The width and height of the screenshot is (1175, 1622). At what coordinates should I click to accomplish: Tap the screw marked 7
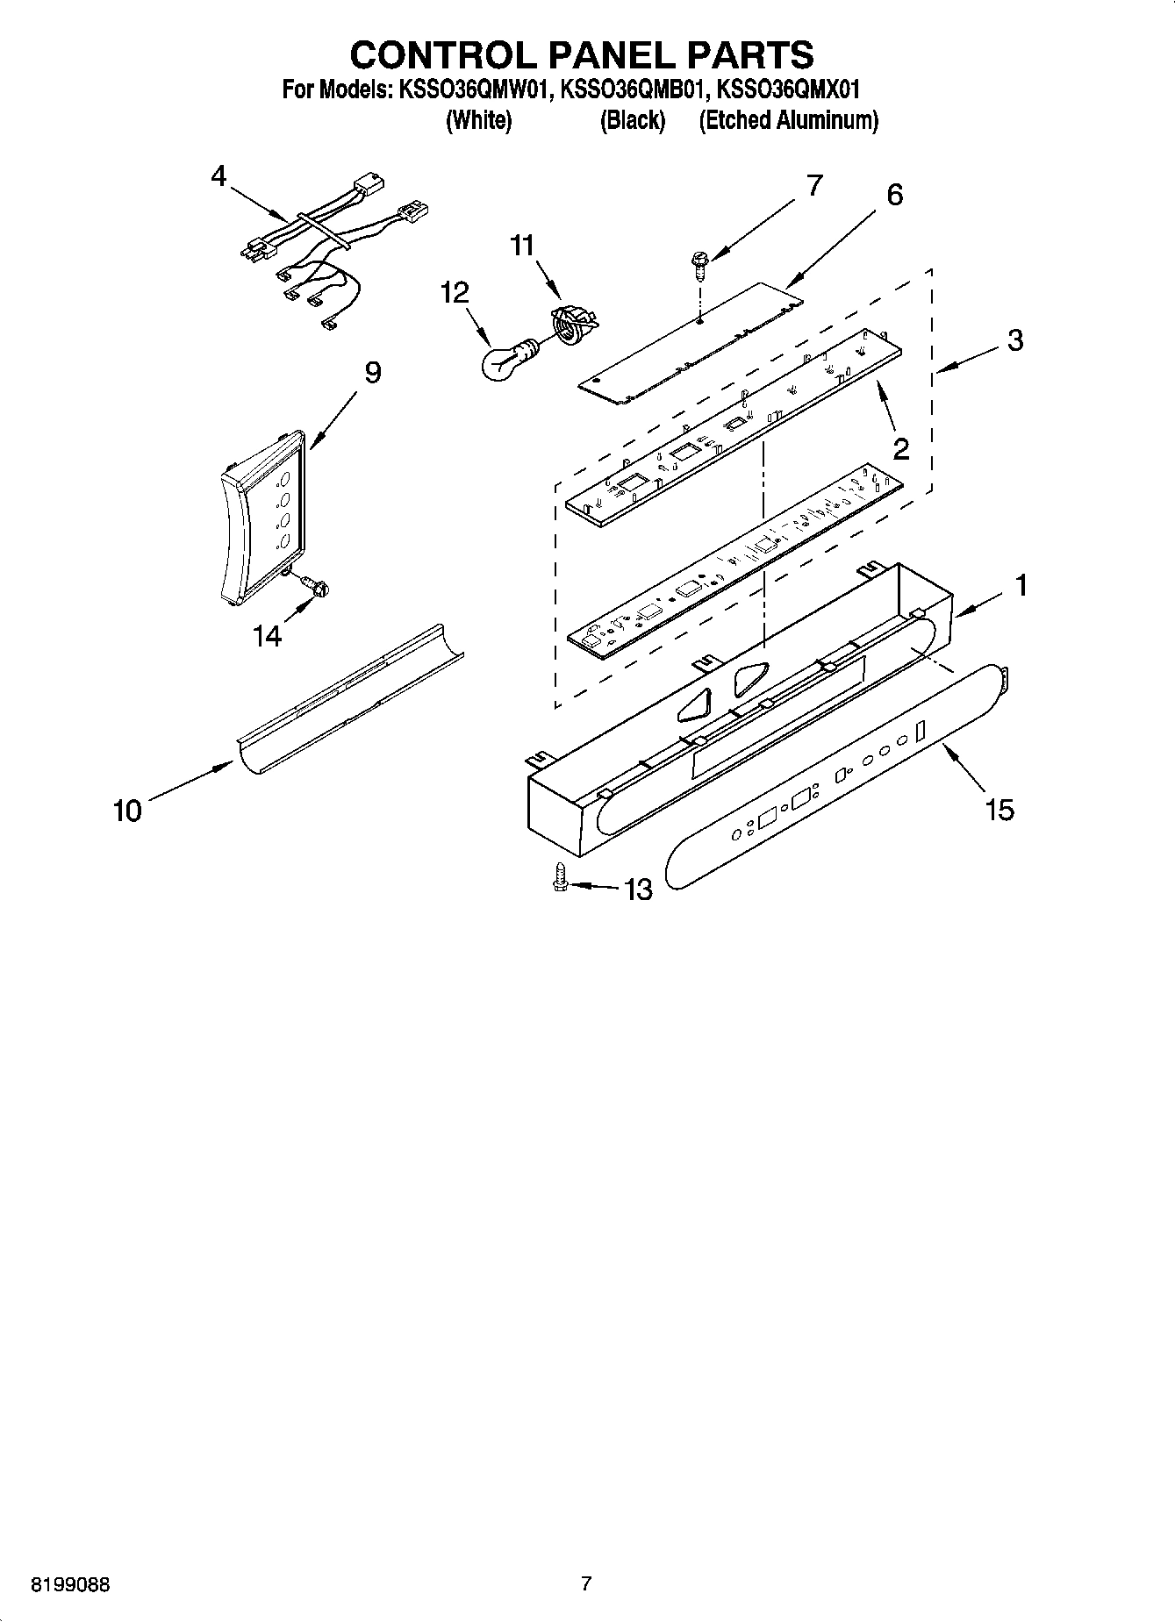[x=700, y=264]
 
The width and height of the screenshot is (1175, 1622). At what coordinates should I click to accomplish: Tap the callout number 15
[x=999, y=809]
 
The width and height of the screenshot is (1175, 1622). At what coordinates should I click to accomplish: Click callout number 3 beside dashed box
[x=1014, y=340]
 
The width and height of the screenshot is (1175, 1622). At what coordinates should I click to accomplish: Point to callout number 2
[x=900, y=449]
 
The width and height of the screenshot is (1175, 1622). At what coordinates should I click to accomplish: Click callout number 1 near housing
[x=1021, y=585]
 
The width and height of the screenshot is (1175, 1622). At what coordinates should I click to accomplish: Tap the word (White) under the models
[x=478, y=120]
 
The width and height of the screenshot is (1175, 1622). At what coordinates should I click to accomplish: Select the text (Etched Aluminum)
[x=788, y=120]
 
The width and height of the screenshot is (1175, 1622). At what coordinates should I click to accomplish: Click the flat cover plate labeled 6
[x=693, y=344]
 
